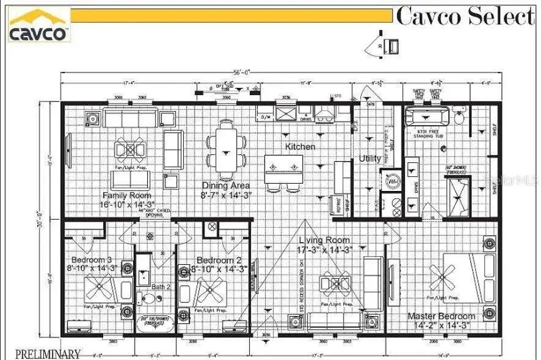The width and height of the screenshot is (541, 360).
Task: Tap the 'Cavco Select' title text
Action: click(x=465, y=16)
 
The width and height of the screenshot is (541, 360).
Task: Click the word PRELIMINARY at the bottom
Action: click(x=48, y=353)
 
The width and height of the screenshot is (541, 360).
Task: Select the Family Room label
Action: click(x=128, y=195)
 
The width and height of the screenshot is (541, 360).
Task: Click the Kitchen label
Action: click(x=300, y=147)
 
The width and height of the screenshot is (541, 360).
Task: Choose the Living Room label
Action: click(x=324, y=240)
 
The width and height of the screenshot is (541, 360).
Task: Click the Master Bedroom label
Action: click(x=441, y=316)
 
